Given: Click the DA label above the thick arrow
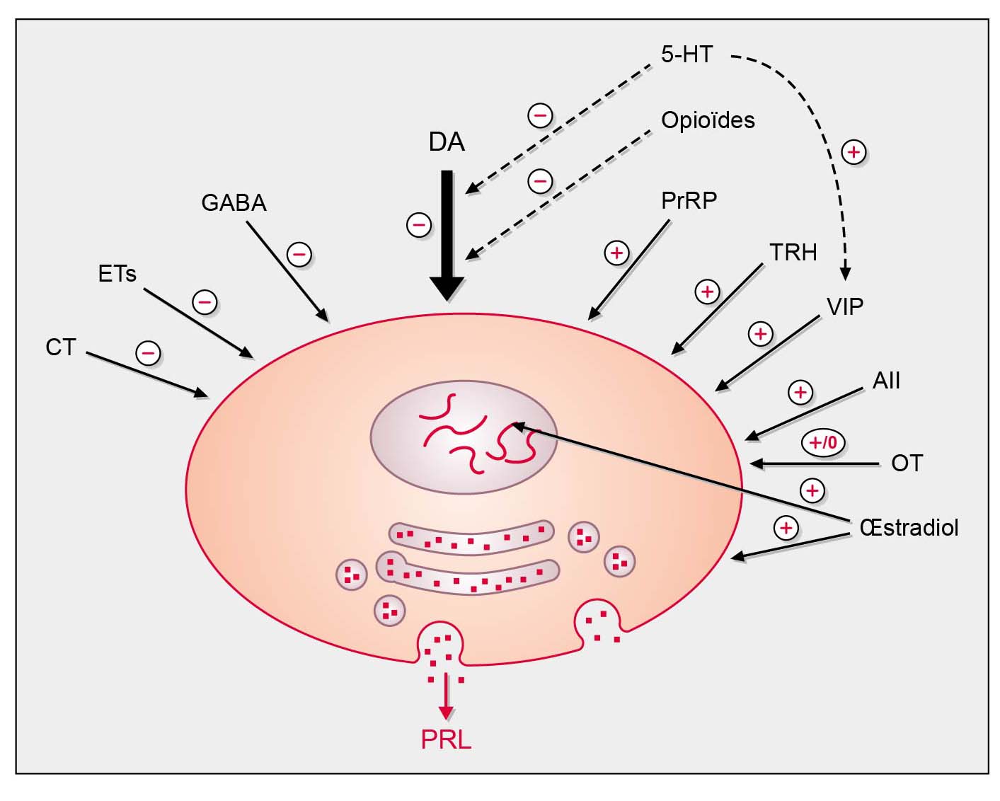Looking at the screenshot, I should pos(447,142).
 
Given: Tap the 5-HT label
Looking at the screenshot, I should pos(686,54).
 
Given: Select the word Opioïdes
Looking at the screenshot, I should pos(708,120).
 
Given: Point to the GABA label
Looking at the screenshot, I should pos(234,203).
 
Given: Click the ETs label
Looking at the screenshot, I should pos(117,274).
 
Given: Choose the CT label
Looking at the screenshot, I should pos(61,347).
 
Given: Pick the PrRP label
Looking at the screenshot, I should pos(689,201).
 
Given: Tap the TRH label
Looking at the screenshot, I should pos(793,253).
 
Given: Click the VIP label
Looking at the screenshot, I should pos(845,306).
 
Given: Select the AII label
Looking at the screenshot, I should pos(886,381).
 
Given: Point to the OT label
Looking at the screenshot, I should pos(907,463).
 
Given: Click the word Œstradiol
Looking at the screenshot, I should pos(909,527).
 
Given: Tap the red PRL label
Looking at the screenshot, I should pos(446,739).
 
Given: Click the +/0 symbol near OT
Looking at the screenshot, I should pos(823,443).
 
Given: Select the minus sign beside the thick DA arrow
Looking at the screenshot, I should pos(418,226).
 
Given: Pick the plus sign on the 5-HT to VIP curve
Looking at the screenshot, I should pos(854,152).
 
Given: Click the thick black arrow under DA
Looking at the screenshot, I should pos(447,234).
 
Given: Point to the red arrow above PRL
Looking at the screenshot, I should pos(446,697).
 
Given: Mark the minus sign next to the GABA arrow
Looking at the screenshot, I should pos(299,254).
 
